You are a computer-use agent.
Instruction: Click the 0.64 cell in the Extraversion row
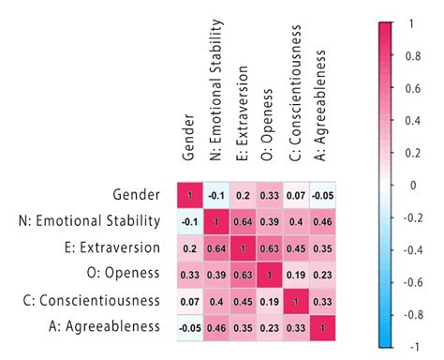(216, 247)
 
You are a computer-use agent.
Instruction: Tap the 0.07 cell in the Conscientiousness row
(190, 300)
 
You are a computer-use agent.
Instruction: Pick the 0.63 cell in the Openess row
(244, 274)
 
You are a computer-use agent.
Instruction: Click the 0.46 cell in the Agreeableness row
(216, 326)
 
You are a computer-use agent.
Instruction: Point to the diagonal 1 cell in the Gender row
(190, 195)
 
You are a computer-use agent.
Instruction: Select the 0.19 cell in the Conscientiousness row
(270, 300)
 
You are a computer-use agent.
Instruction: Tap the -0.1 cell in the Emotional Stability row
(190, 221)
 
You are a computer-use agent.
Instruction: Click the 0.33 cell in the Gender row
(270, 195)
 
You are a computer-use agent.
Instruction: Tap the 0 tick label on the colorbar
(413, 185)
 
